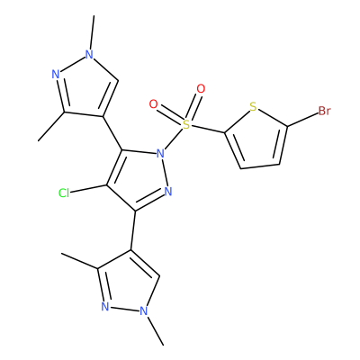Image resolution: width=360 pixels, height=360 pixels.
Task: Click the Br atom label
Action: click(324, 111)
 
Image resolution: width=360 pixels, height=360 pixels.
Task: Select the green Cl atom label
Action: click(64, 193)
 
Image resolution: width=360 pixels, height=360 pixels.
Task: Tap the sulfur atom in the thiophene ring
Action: click(253, 107)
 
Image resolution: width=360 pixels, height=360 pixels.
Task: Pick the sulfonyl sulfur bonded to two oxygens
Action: click(186, 124)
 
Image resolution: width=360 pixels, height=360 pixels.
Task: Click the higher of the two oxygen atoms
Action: click(201, 89)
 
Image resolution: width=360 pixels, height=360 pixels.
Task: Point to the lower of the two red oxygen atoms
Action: click(153, 104)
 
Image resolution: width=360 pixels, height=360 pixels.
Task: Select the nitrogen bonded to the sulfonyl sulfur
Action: click(161, 154)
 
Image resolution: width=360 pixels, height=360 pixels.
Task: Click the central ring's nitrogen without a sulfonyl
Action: click(168, 191)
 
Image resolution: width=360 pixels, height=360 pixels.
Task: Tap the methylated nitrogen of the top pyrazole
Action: click(89, 54)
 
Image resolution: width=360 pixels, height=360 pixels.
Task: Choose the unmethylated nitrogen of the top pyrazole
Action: click(56, 75)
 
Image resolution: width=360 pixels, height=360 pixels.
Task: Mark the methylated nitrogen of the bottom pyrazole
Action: click(144, 310)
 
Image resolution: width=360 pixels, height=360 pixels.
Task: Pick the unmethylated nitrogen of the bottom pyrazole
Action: click(104, 306)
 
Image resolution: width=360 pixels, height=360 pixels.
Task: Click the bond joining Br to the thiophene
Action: click(302, 120)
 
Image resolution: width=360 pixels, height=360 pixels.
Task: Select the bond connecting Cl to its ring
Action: click(89, 189)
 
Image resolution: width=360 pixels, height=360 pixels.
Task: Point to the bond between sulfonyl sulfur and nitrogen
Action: click(174, 139)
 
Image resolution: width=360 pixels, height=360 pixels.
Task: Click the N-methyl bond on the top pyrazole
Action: click(92, 32)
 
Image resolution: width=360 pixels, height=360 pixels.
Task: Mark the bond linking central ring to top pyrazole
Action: click(112, 133)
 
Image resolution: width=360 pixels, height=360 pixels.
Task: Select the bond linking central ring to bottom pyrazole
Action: click(133, 230)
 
